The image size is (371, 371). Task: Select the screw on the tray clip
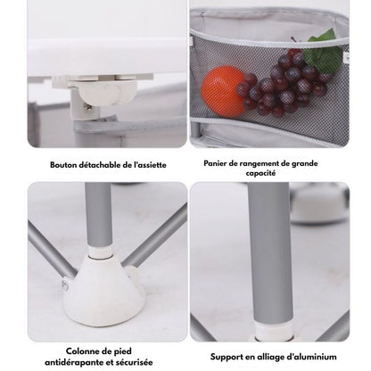pyautogui.click(x=88, y=107)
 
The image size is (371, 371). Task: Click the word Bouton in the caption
pyautogui.click(x=63, y=165)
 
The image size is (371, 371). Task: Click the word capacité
pyautogui.click(x=260, y=173)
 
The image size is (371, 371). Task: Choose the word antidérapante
pyautogui.click(x=76, y=362)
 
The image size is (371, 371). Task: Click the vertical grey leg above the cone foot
pyautogui.click(x=99, y=213)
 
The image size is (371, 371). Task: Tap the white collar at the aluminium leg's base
pyautogui.click(x=272, y=333)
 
